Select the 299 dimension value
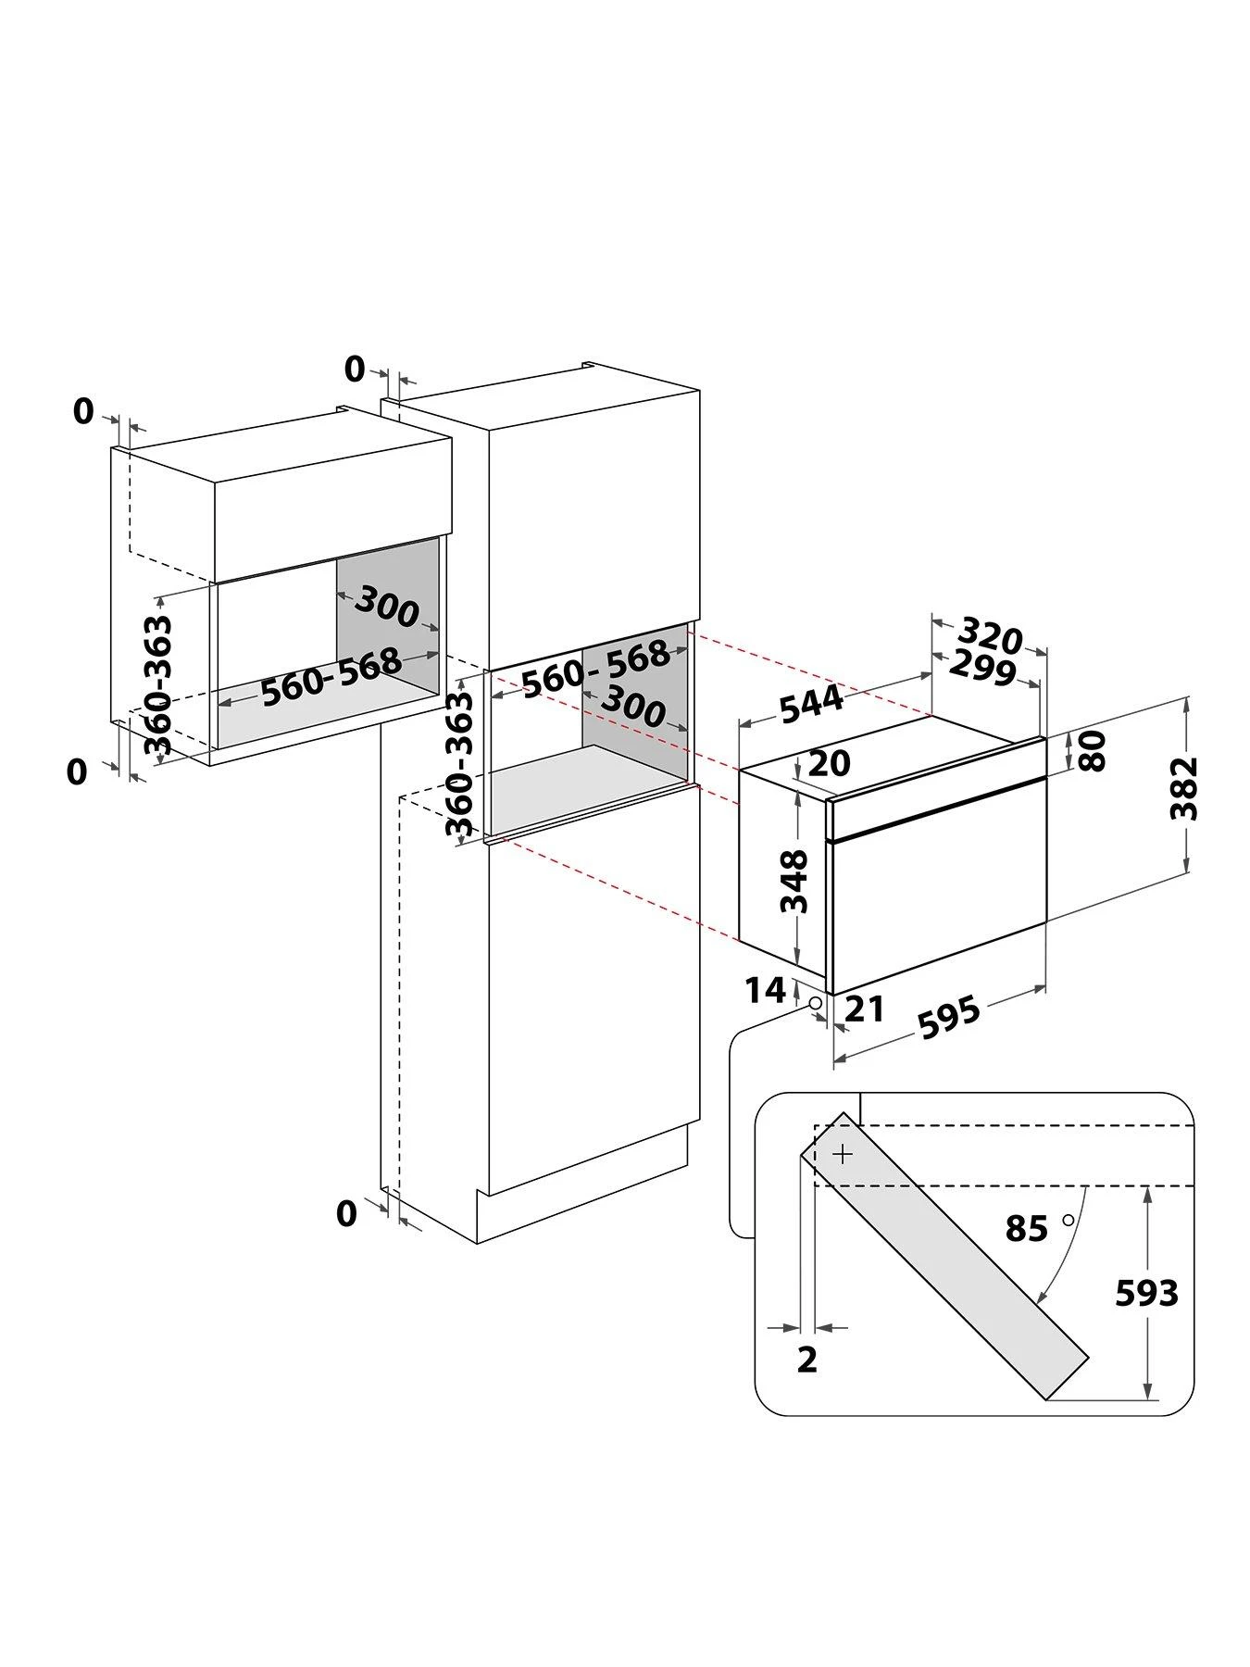981,667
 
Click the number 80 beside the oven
1093,750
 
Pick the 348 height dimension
794,881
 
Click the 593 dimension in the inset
1146,1293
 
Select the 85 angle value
1026,1229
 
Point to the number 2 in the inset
807,1360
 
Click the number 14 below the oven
766,991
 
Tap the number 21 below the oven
865,1009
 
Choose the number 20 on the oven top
829,763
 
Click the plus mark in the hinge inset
843,1155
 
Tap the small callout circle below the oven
814,1004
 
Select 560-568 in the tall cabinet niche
594,667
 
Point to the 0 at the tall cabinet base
346,1212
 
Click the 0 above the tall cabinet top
355,369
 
